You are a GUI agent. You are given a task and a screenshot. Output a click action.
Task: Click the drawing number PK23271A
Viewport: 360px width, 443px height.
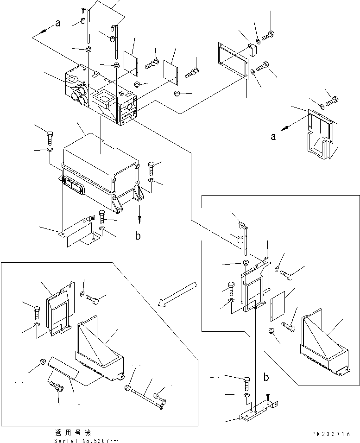(x=331, y=434)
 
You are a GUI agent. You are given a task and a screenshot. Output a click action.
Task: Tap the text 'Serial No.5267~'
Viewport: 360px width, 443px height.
(x=86, y=441)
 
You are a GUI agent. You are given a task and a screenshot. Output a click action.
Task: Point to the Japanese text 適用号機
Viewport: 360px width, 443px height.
(x=73, y=432)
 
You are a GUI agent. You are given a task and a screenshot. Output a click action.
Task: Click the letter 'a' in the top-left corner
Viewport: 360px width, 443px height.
(x=57, y=23)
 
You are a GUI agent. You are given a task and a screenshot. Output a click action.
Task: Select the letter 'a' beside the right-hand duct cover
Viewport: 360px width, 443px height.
(x=273, y=137)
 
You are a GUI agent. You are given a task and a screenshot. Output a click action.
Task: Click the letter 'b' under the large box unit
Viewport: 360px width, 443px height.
(x=138, y=235)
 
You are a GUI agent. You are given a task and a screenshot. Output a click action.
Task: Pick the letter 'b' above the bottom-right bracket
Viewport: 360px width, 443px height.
(x=266, y=377)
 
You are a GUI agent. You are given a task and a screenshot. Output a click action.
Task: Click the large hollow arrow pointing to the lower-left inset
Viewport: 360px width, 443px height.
(x=177, y=294)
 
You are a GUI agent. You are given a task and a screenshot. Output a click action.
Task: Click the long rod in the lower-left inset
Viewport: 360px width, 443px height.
(x=147, y=395)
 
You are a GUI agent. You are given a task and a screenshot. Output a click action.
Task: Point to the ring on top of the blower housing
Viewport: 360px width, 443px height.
(x=73, y=83)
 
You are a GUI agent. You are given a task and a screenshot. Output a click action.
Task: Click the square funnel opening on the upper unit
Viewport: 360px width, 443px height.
(x=104, y=99)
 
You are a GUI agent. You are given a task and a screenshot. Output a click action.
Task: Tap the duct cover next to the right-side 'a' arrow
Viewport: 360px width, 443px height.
(x=321, y=134)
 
